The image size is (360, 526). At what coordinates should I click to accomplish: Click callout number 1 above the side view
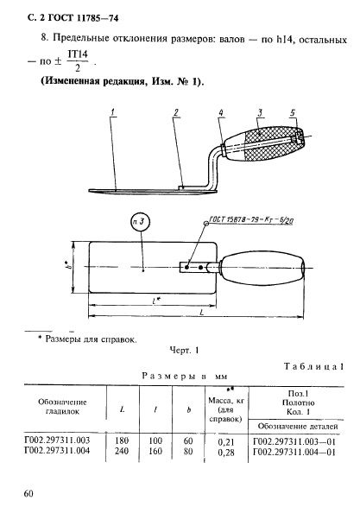click(x=114, y=113)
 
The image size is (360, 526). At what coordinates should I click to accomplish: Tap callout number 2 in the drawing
click(x=177, y=113)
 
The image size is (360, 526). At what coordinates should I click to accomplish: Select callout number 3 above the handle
click(x=261, y=113)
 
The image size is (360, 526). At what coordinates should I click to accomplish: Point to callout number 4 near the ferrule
click(x=221, y=113)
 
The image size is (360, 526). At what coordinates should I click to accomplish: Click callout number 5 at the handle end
click(x=293, y=113)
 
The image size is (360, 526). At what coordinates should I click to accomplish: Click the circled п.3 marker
click(x=141, y=223)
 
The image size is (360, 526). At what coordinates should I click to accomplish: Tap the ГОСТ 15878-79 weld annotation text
click(x=251, y=221)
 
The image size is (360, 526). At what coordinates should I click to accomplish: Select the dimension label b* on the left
click(x=69, y=267)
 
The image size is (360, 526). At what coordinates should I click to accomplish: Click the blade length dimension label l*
click(x=155, y=301)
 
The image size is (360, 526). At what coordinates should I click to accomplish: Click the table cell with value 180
click(x=122, y=440)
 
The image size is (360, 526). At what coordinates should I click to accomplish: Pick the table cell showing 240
click(x=122, y=451)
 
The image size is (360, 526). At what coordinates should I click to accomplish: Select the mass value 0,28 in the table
click(x=226, y=453)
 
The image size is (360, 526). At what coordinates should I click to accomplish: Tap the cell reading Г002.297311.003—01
click(x=294, y=441)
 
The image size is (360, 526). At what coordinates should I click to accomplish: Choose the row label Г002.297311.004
click(x=57, y=451)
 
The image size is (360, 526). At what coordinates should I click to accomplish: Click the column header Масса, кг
click(x=226, y=401)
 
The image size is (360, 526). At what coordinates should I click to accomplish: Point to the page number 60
click(x=28, y=494)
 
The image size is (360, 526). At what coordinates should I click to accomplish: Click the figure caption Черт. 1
click(x=184, y=351)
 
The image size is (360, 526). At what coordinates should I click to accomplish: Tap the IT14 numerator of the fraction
click(x=78, y=54)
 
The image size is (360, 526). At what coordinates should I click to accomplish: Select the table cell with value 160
click(x=155, y=451)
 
